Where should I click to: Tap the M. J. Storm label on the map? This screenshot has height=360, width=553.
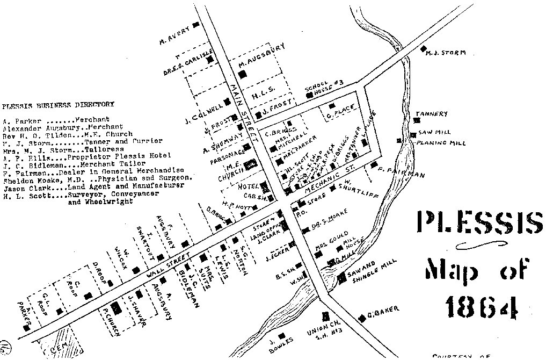click(x=445, y=53)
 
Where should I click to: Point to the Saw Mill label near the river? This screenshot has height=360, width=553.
click(x=435, y=132)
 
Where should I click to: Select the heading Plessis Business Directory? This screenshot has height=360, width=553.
click(x=59, y=104)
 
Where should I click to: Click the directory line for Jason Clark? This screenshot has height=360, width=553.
click(x=94, y=186)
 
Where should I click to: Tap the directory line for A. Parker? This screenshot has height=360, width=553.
click(x=56, y=119)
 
